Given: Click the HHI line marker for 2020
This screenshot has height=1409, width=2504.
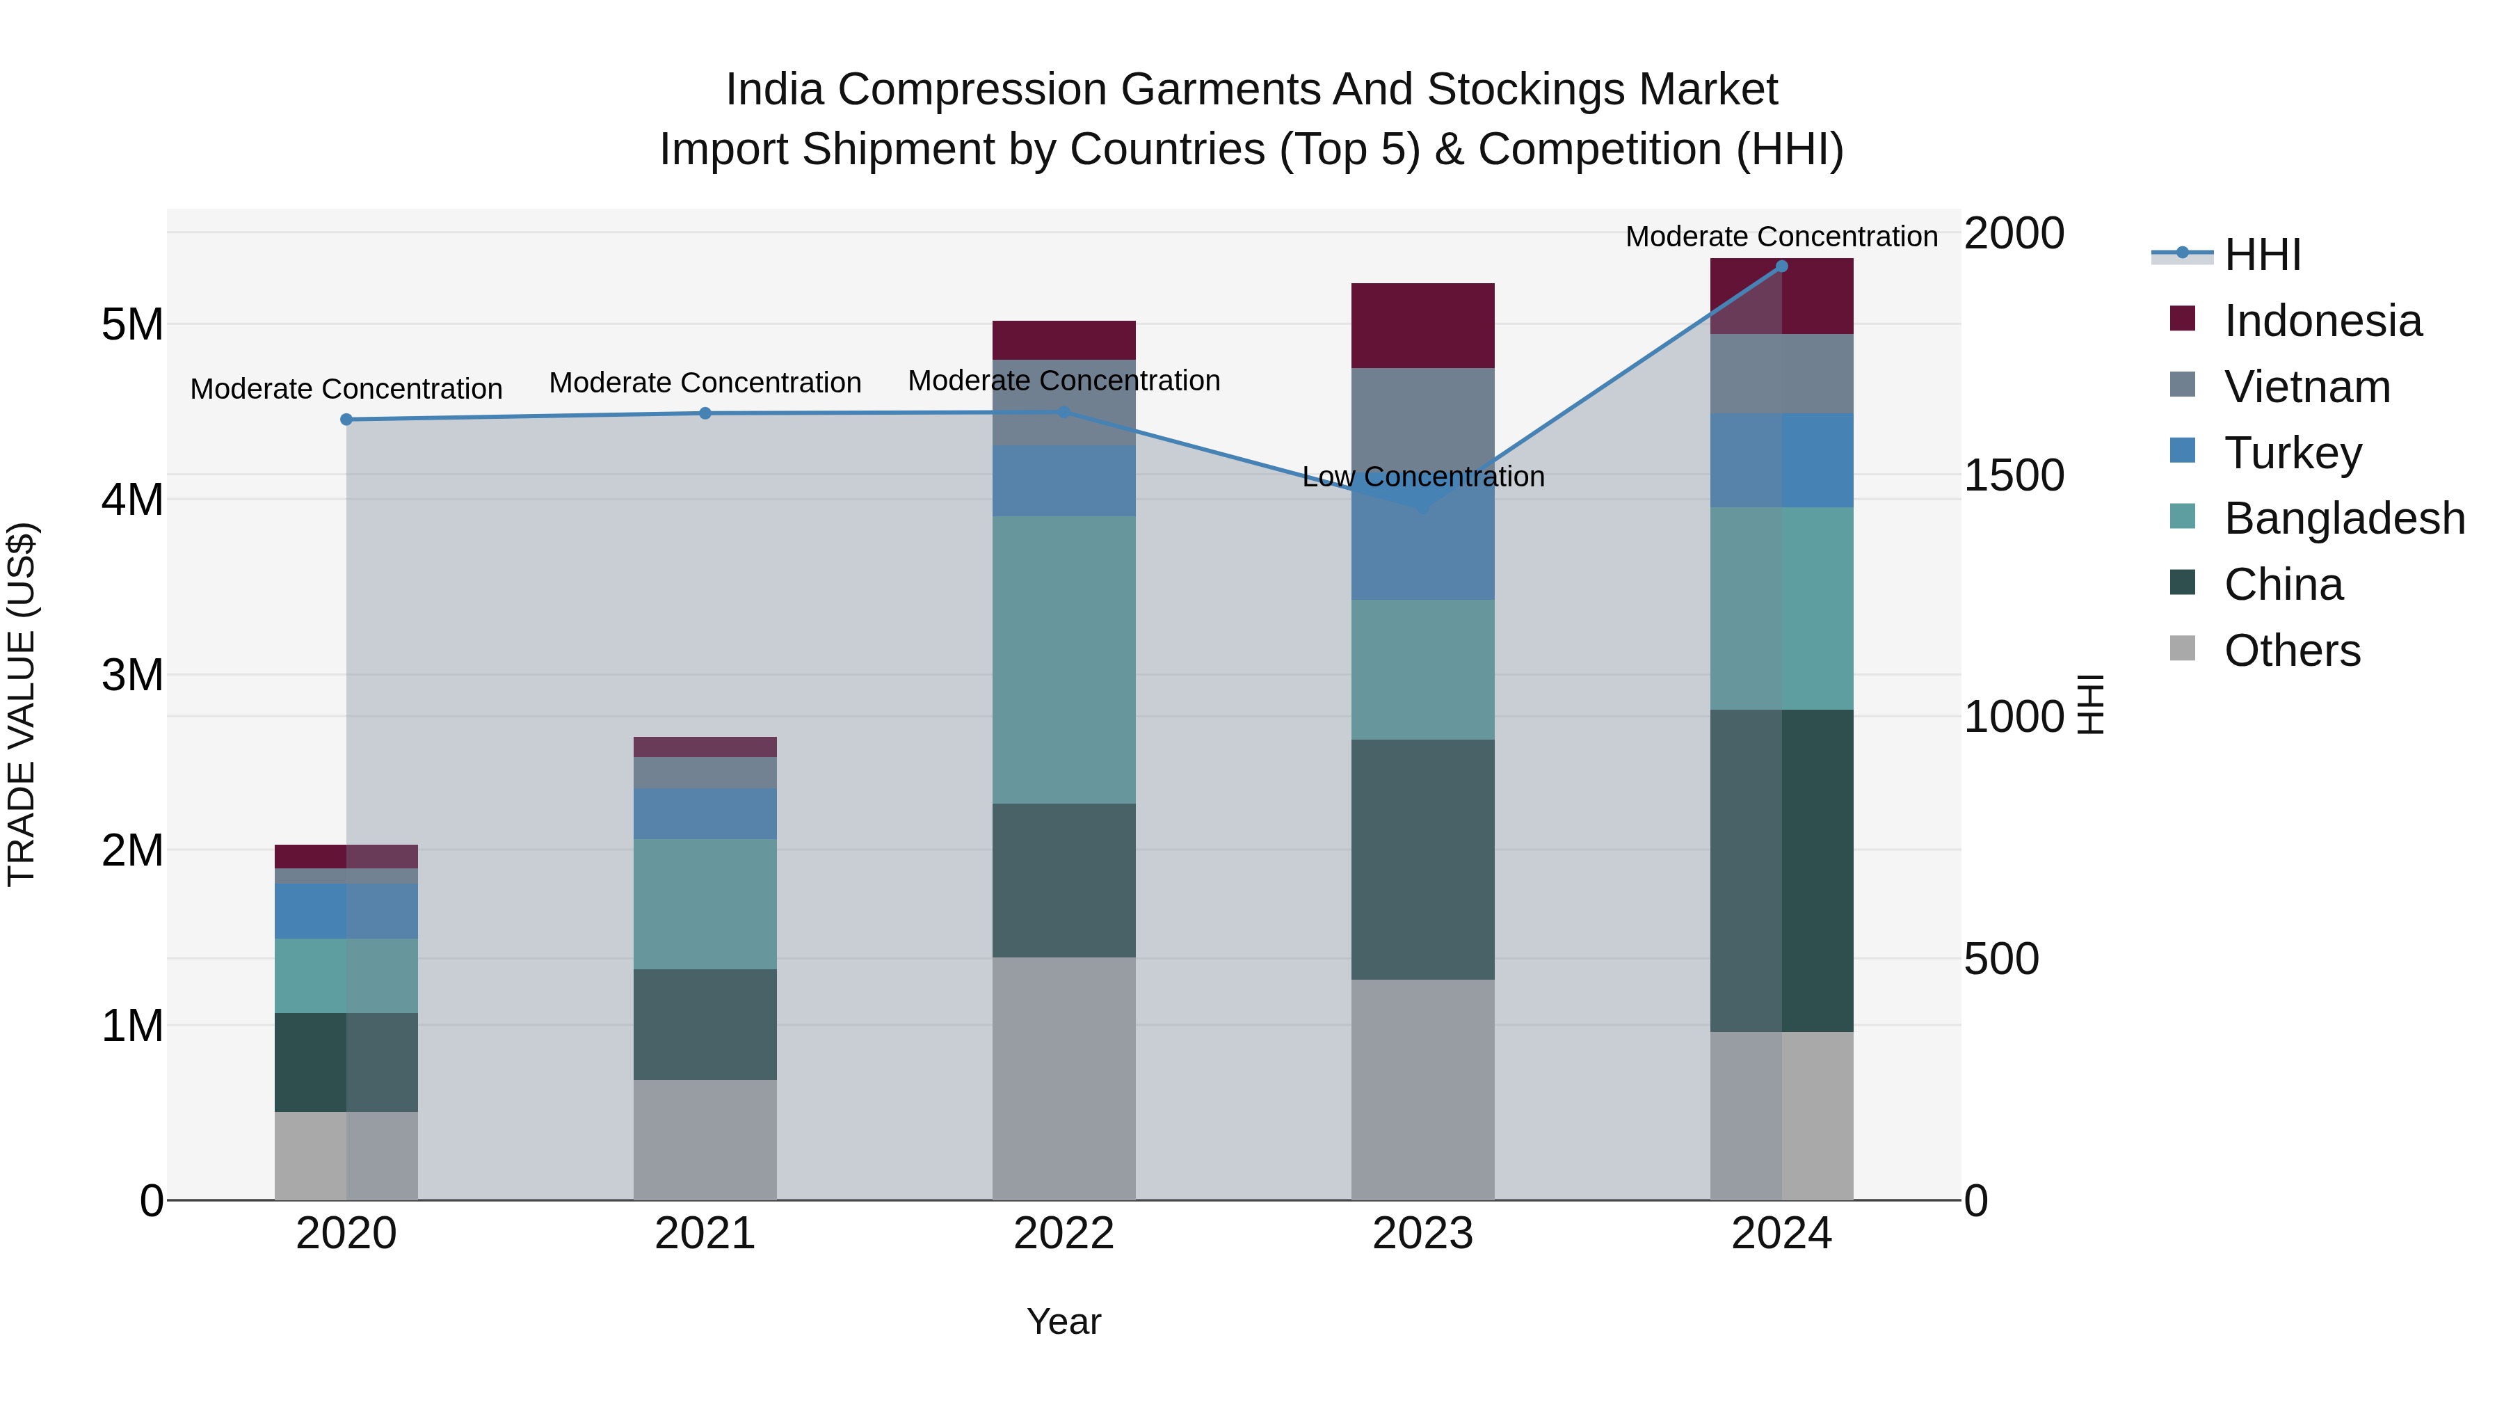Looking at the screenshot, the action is [x=346, y=419].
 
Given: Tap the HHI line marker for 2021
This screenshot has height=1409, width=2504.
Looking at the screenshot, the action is [x=706, y=413].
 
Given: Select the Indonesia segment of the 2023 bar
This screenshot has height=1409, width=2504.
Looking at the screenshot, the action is [x=1422, y=326].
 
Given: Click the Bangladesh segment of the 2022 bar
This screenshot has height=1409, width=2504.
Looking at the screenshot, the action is [x=1064, y=660].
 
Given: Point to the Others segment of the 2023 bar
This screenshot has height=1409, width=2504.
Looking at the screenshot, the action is [x=1422, y=1089].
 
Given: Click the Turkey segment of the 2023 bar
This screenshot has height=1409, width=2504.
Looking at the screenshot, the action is [x=1422, y=555].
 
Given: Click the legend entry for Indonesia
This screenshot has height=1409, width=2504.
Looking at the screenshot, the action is [x=2322, y=321].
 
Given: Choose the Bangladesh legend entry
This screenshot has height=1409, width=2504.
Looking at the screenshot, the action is [x=2343, y=518].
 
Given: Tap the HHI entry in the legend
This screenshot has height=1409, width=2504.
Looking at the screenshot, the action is [x=2262, y=255].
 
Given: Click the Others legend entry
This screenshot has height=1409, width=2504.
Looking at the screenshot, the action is [x=2291, y=651].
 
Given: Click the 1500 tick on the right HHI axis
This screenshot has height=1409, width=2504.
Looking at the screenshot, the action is [x=2013, y=475].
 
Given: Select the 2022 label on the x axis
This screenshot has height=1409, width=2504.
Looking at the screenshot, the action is [x=1064, y=1234].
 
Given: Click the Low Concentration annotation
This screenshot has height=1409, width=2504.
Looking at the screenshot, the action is [x=1422, y=477].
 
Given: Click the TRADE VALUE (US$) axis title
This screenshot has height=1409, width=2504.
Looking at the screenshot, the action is [x=22, y=704].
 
